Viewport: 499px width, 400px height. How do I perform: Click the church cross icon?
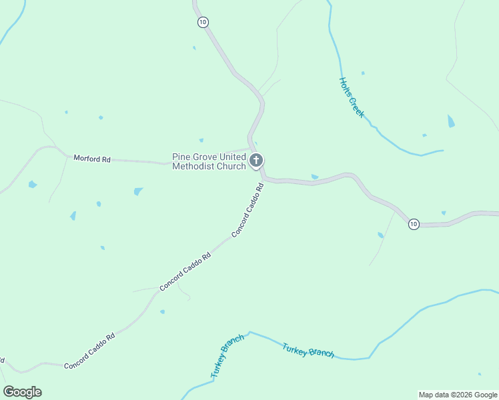coord(256,161)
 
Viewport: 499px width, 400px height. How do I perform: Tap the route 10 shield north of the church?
coord(203,22)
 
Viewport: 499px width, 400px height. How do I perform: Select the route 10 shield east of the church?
coord(414,224)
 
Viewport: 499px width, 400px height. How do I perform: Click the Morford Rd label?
coord(92,159)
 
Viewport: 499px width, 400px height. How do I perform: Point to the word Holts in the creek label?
coord(345,87)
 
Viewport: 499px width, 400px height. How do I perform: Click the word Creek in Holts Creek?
coord(358,109)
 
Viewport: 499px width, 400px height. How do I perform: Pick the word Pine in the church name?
coord(182,157)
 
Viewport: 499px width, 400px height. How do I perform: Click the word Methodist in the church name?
coord(192,166)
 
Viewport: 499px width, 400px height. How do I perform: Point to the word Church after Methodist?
coord(229,166)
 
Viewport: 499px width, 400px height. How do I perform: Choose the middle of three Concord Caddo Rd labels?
coord(185,271)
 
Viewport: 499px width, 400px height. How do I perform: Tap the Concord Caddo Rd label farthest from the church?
coord(89,351)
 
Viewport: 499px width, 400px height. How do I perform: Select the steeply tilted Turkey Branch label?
coord(227,357)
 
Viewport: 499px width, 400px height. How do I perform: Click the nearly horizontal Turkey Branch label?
coord(308,350)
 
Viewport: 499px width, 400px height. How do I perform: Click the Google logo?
coord(22,392)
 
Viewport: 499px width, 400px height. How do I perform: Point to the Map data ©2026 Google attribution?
coord(458,395)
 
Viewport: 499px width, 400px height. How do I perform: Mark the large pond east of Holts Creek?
coord(451,121)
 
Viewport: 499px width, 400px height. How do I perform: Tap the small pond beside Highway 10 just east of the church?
coord(314,177)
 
